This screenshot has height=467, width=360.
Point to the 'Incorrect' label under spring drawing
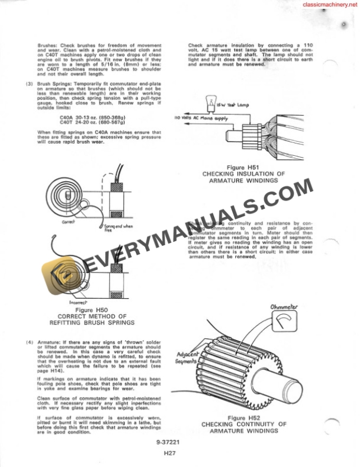(81, 302)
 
